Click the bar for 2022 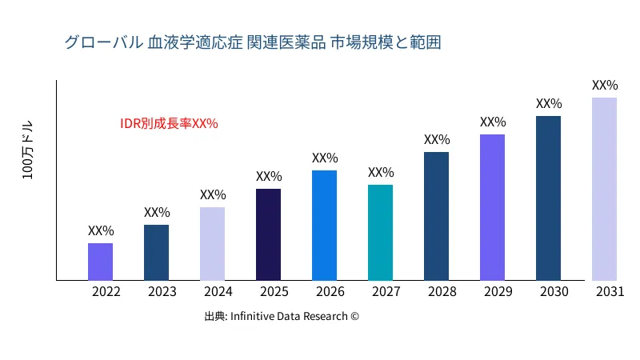click(x=100, y=262)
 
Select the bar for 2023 click(x=156, y=253)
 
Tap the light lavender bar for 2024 click(x=212, y=244)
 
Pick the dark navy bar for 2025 click(x=268, y=234)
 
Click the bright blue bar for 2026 click(x=324, y=226)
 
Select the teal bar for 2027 click(x=380, y=233)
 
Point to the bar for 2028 click(x=436, y=216)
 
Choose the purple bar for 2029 click(x=492, y=207)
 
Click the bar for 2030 click(x=548, y=198)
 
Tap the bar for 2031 click(x=604, y=189)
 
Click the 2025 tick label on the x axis click(x=270, y=292)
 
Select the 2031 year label click(x=610, y=292)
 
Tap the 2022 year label click(x=106, y=292)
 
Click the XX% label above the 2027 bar click(x=381, y=172)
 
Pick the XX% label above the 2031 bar click(x=605, y=85)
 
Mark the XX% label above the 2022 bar click(x=101, y=230)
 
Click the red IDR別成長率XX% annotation click(x=169, y=124)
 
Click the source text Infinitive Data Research click(x=282, y=316)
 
